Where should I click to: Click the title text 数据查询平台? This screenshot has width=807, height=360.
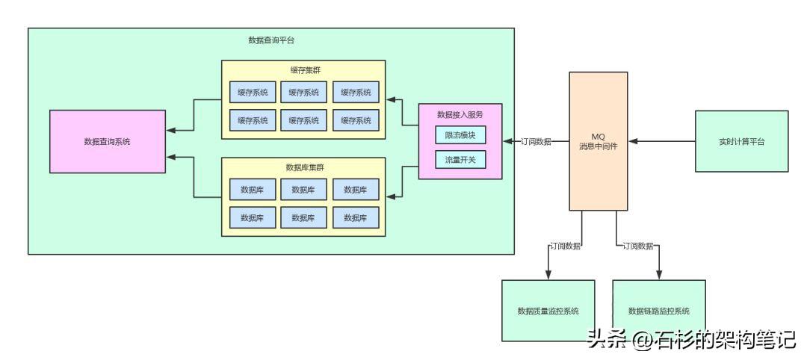[x=270, y=40]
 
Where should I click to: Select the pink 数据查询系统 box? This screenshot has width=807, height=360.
[x=107, y=141]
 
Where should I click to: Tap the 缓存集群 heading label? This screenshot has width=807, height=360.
[x=304, y=70]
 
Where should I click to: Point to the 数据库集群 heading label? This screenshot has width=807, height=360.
[x=304, y=167]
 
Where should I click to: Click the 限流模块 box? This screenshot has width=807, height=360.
[x=460, y=135]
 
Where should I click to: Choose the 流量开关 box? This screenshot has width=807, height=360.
[x=460, y=159]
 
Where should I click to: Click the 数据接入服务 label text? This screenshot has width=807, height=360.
[x=460, y=114]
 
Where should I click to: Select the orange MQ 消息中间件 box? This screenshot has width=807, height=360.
[x=598, y=141]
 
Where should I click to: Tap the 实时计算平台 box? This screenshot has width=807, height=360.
[x=741, y=141]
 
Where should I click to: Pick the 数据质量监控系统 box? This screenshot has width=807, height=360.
[x=548, y=311]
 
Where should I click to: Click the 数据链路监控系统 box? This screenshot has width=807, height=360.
[x=658, y=311]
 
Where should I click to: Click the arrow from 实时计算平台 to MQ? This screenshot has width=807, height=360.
[x=661, y=141]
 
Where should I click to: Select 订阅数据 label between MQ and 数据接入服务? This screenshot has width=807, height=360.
[x=536, y=141]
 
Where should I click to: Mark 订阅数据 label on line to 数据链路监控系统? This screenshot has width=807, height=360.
[x=637, y=246]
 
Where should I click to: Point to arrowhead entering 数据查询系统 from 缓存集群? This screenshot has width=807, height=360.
[x=171, y=130]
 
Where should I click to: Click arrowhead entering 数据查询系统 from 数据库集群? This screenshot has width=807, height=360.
[x=171, y=157]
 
